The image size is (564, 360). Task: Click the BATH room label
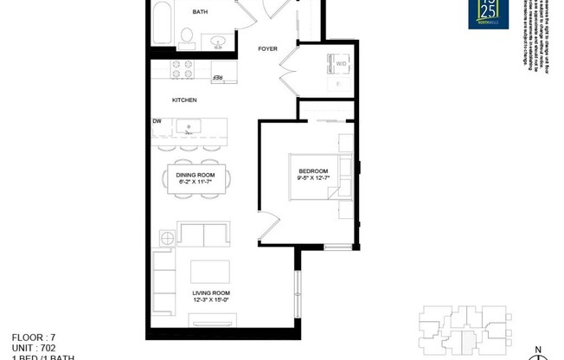pyautogui.click(x=200, y=12)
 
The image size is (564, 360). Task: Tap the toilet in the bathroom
pyautogui.click(x=186, y=35)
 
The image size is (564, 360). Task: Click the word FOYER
pyautogui.click(x=268, y=48)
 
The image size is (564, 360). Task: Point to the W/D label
pyautogui.click(x=342, y=63)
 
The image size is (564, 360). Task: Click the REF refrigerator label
pyautogui.click(x=218, y=78)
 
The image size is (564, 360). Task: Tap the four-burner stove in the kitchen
pyautogui.click(x=183, y=69)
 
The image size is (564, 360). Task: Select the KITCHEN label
pyautogui.click(x=184, y=100)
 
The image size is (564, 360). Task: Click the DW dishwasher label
pyautogui.click(x=157, y=122)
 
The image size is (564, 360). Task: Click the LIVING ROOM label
pyautogui.click(x=210, y=293)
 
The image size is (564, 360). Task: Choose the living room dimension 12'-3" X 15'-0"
pyautogui.click(x=210, y=301)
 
